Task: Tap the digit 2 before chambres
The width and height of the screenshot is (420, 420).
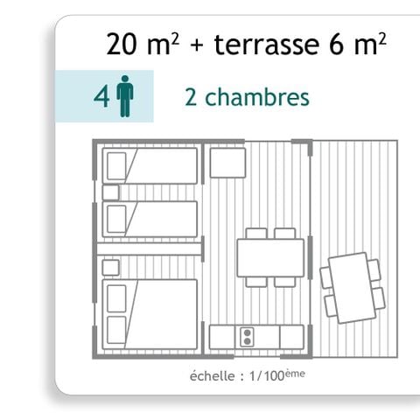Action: (x=191, y=97)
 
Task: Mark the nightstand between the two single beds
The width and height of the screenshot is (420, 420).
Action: (x=111, y=192)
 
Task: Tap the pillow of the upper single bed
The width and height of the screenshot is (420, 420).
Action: (x=115, y=165)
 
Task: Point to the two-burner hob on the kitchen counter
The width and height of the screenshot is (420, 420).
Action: (x=247, y=337)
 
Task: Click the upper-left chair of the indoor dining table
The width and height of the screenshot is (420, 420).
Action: (x=256, y=234)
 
